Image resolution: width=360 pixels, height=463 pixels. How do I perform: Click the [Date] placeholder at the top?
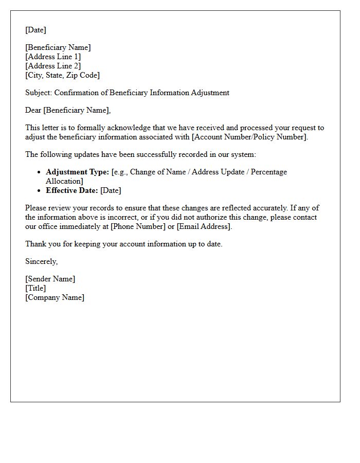35,30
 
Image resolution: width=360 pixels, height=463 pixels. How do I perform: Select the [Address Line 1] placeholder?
53,57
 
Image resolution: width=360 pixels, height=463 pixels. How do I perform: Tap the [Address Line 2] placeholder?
53,66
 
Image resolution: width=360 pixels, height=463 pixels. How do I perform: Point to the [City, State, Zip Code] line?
62,75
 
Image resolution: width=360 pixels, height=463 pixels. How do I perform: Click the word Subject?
38,93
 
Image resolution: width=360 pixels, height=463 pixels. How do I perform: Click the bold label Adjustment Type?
77,172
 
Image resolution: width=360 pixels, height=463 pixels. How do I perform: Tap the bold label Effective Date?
71,190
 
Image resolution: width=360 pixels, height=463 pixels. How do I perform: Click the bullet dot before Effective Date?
40,190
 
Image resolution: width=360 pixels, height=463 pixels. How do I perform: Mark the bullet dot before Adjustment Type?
40,172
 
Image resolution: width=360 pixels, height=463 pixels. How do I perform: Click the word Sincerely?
41,261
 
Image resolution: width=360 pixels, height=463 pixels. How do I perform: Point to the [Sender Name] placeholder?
50,279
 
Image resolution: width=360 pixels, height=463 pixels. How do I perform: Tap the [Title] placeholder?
35,288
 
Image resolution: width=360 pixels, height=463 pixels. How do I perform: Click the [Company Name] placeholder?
55,297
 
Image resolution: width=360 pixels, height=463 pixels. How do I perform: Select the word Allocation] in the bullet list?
64,181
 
